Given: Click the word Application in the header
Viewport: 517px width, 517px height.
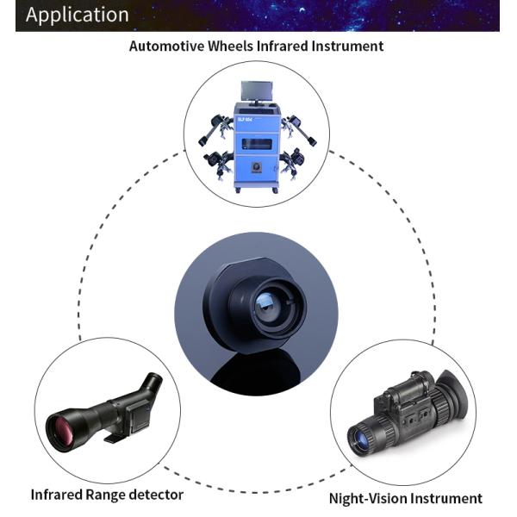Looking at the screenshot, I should pos(77,15).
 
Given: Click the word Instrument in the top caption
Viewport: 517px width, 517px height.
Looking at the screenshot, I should pos(348,46).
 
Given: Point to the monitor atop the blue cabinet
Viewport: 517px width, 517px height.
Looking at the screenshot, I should pos(256,92).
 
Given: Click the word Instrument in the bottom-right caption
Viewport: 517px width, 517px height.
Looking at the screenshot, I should pos(449,498).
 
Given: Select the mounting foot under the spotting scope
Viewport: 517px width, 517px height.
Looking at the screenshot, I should pos(112,439).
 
